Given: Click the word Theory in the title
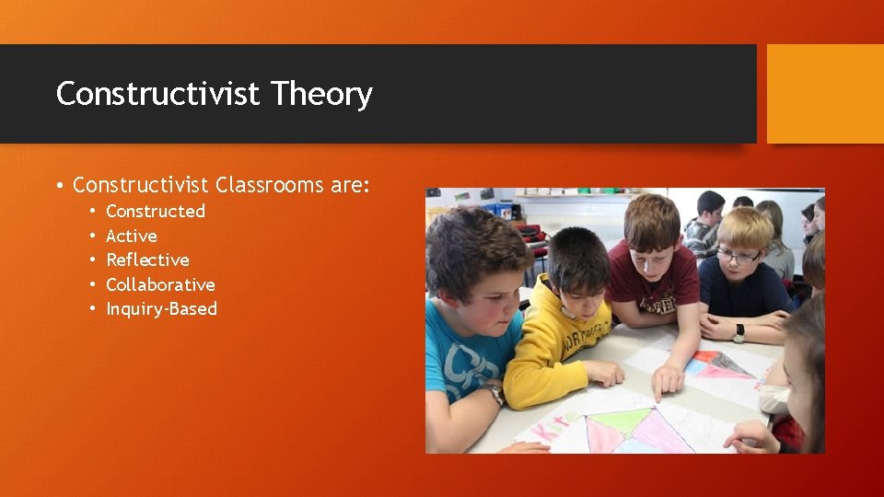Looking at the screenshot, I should coord(321,94).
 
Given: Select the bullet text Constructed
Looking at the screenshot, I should coord(156,211).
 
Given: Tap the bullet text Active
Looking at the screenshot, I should coord(132,236).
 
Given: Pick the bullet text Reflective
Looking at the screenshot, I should coord(147,260).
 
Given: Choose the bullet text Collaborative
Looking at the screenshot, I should coord(160,284).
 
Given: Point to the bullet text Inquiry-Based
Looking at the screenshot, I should coord(161,308).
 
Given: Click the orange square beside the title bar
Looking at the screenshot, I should coord(825,94).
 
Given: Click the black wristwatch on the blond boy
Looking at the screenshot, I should coord(739,332).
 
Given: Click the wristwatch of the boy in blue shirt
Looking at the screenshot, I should coord(496,393).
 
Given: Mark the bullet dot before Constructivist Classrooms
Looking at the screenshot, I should coord(59,186).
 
